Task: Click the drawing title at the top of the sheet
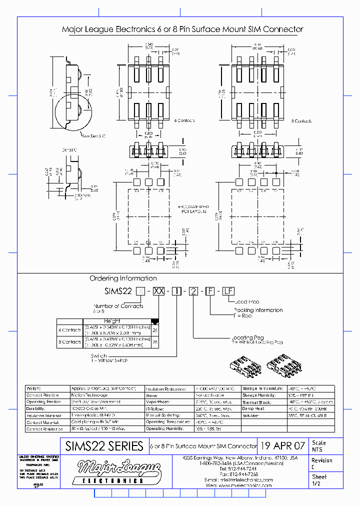click(x=182, y=29)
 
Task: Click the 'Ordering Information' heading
click(x=123, y=278)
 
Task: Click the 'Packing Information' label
click(x=258, y=310)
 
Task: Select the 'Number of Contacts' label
click(x=118, y=306)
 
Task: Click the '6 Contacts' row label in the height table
click(x=69, y=330)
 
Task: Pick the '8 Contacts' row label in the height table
click(x=69, y=342)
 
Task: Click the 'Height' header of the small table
click(x=112, y=321)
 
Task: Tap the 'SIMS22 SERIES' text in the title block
click(x=104, y=446)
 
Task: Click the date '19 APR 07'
click(x=283, y=446)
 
